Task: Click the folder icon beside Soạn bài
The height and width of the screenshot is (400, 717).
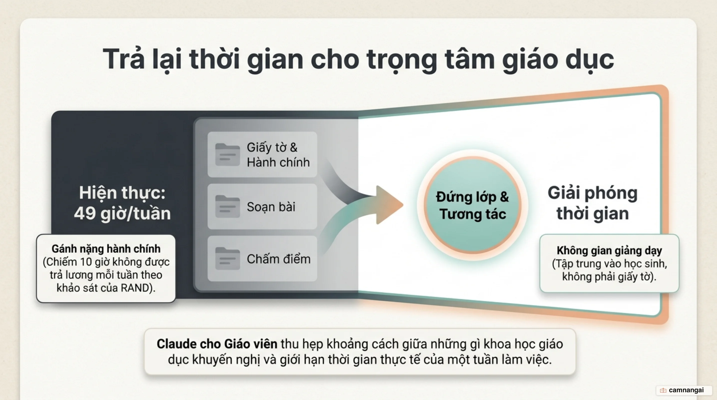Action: [227, 207]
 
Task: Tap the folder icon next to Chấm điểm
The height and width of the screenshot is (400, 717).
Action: [227, 259]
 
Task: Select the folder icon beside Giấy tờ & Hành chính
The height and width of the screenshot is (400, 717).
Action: [227, 155]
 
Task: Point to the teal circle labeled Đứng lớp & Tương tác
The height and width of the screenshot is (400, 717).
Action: [472, 205]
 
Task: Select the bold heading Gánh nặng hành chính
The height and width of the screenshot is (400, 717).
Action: [106, 249]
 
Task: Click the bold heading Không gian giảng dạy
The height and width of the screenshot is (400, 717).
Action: [609, 250]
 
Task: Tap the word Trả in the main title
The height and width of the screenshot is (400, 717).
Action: [124, 59]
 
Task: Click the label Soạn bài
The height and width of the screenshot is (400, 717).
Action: [271, 207]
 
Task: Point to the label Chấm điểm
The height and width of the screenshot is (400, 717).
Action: [279, 259]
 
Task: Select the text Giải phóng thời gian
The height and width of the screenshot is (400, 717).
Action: [593, 203]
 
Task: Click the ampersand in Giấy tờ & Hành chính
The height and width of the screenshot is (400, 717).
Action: [294, 147]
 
